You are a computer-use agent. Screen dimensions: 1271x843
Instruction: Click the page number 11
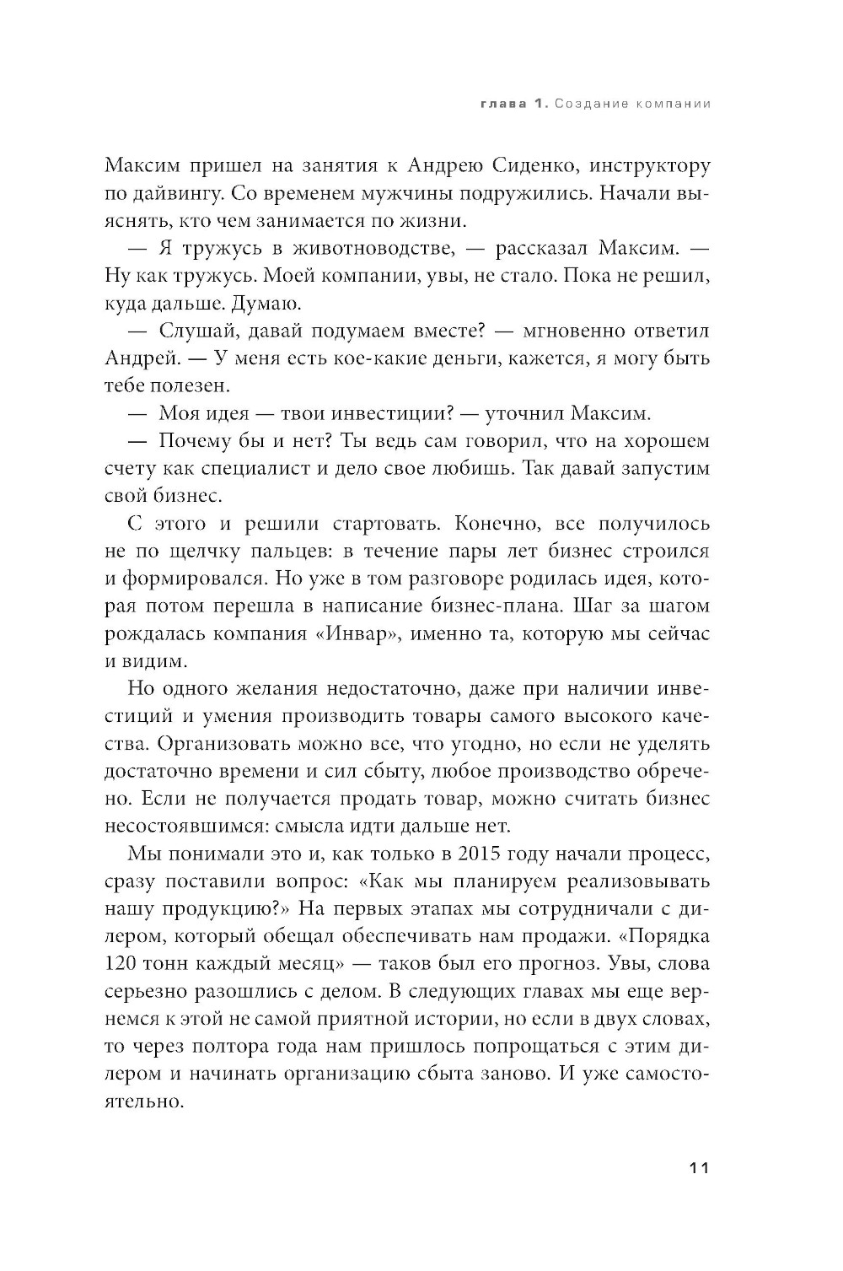point(699,1168)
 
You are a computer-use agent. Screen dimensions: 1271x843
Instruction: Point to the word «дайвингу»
point(175,194)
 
